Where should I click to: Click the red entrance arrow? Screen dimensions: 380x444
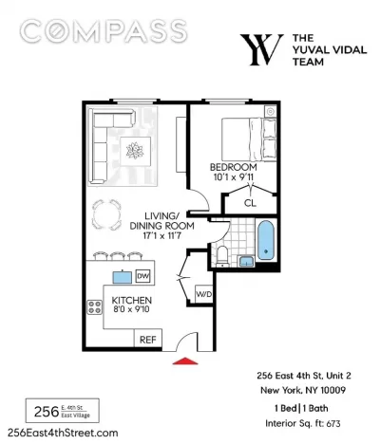pyautogui.click(x=185, y=361)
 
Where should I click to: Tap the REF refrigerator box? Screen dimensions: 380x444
pyautogui.click(x=148, y=340)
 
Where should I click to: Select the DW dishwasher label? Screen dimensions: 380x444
pyautogui.click(x=142, y=276)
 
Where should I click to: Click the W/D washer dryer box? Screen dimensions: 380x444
pyautogui.click(x=203, y=294)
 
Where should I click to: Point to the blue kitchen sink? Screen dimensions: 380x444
pyautogui.click(x=123, y=277)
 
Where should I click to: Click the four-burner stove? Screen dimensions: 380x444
pyautogui.click(x=95, y=306)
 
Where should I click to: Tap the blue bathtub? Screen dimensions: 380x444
pyautogui.click(x=265, y=240)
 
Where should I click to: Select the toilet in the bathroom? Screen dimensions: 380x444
pyautogui.click(x=222, y=256)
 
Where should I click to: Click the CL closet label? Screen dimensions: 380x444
pyautogui.click(x=250, y=203)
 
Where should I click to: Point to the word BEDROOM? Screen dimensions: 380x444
pyautogui.click(x=234, y=167)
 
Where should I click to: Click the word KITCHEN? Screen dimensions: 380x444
pyautogui.click(x=132, y=300)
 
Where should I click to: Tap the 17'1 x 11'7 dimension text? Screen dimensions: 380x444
pyautogui.click(x=161, y=235)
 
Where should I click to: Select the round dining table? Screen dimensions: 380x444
pyautogui.click(x=106, y=214)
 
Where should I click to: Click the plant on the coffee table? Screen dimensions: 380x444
pyautogui.click(x=135, y=150)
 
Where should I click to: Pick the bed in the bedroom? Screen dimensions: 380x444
pyautogui.click(x=249, y=139)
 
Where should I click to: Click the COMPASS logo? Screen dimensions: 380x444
pyautogui.click(x=104, y=30)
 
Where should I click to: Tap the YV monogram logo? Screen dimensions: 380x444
pyautogui.click(x=261, y=49)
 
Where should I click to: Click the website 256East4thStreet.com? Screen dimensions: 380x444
pyautogui.click(x=63, y=433)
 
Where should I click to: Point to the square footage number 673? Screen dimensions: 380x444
pyautogui.click(x=332, y=423)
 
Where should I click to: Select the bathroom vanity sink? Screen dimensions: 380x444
pyautogui.click(x=246, y=262)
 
